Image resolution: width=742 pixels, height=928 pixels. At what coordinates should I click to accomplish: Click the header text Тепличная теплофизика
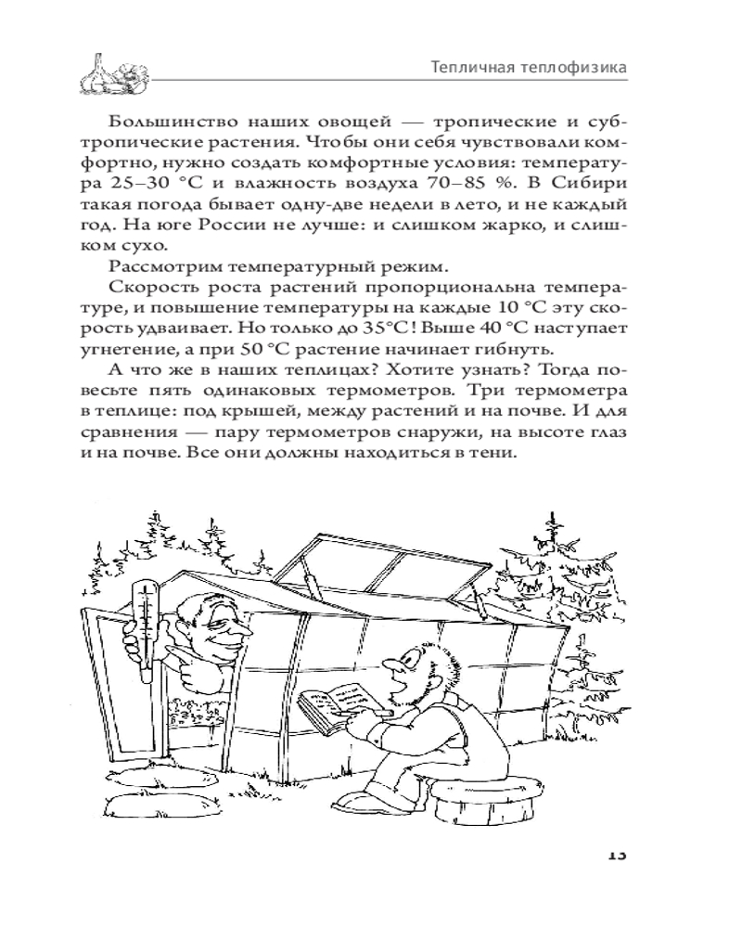[x=528, y=68]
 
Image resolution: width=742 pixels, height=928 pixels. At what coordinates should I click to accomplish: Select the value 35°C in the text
[x=389, y=329]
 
